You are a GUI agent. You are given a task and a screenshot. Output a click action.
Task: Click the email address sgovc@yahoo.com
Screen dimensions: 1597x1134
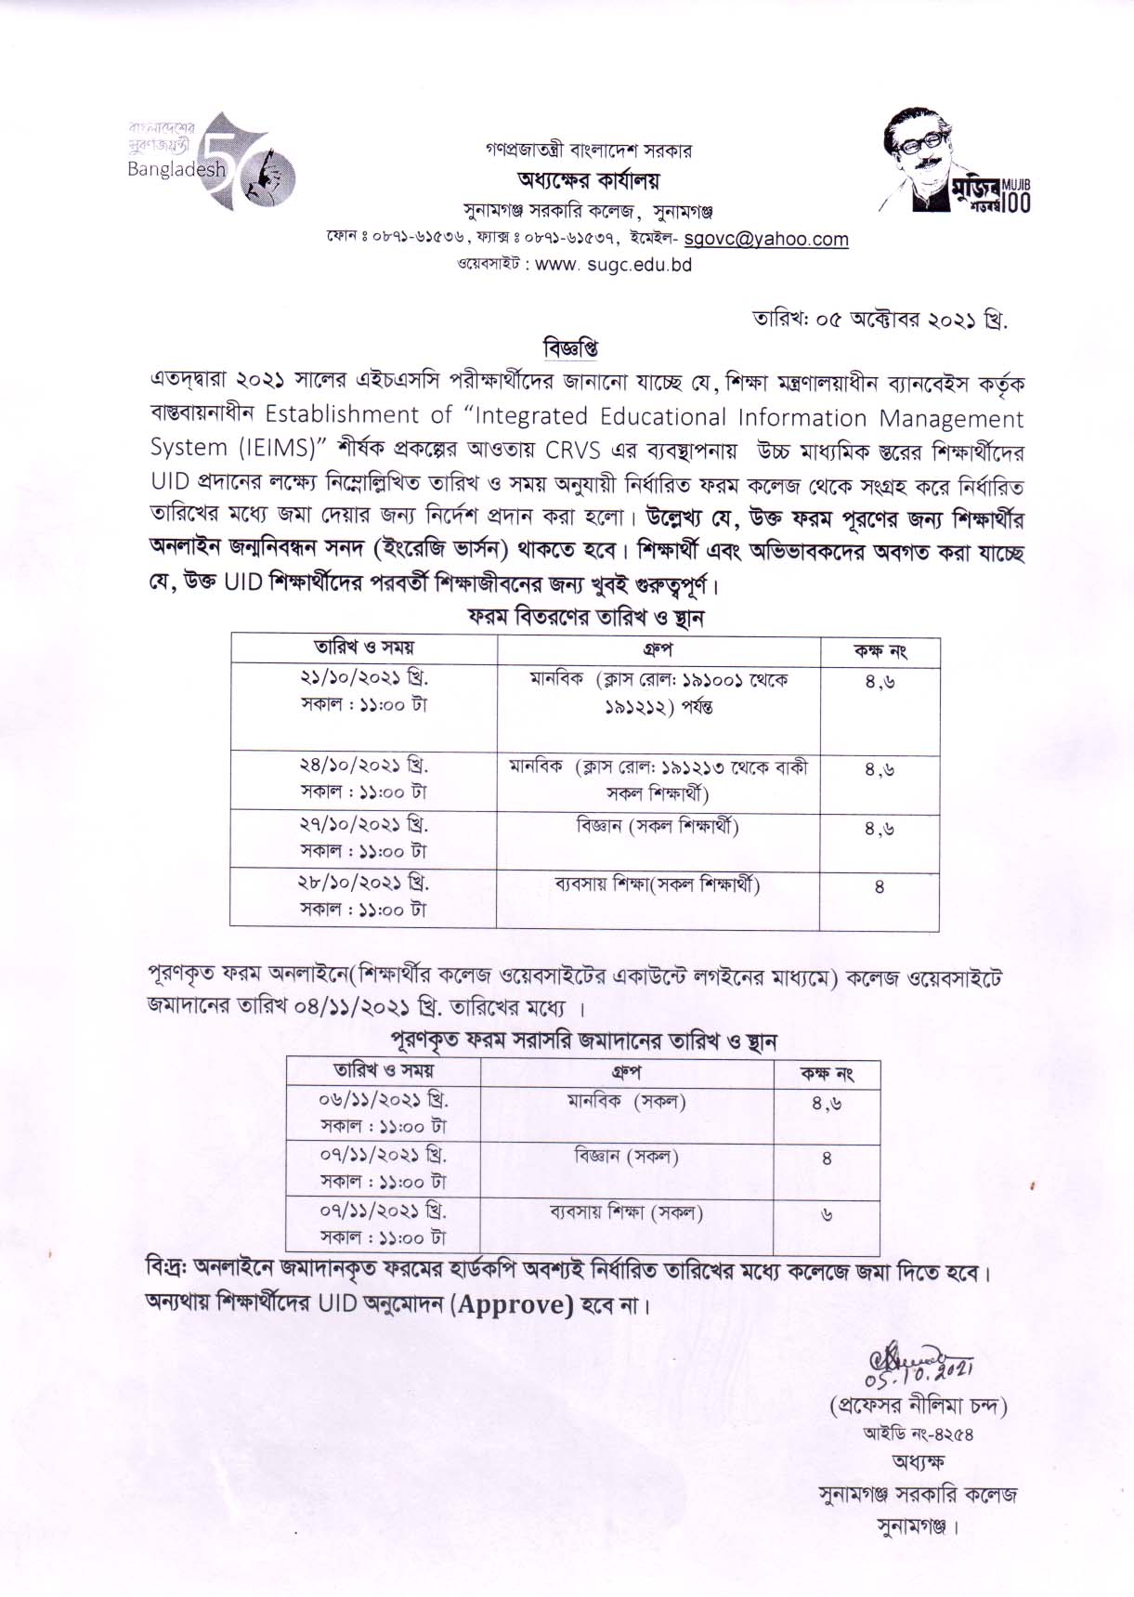765,239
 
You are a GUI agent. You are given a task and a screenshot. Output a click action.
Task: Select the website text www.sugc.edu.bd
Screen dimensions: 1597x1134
613,264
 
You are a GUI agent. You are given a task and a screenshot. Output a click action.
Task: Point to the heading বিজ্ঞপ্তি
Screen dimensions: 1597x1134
569,348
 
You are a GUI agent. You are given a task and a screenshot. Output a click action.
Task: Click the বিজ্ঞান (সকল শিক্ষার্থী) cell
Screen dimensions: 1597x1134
657,825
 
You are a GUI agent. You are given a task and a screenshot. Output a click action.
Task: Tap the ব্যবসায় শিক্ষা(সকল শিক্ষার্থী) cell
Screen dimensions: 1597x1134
657,884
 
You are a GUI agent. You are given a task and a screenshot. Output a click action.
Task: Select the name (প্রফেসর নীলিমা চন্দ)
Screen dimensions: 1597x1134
918,1404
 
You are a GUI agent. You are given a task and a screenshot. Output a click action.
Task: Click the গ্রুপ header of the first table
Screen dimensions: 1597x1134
657,648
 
